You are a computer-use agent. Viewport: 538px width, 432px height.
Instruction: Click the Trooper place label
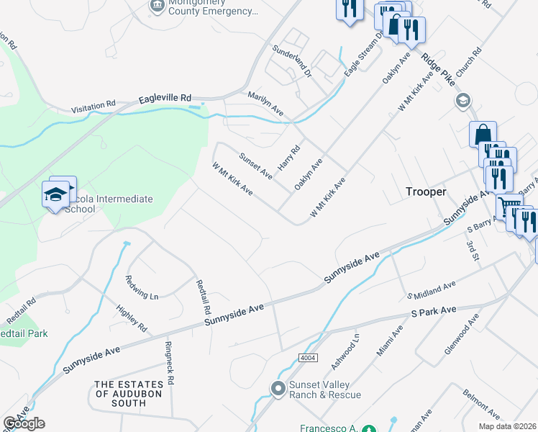[x=426, y=192]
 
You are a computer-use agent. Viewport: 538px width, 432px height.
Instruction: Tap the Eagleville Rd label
[x=165, y=97]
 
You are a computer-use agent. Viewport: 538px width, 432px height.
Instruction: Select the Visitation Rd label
[x=94, y=107]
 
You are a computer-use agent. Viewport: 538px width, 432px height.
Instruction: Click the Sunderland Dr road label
[x=291, y=60]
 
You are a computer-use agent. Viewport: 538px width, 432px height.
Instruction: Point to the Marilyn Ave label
[x=265, y=104]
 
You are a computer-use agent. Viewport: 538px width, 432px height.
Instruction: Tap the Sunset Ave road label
[x=255, y=165]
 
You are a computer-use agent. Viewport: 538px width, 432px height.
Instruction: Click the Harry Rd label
[x=288, y=158]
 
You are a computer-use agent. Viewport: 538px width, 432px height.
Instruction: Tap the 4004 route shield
[x=309, y=358]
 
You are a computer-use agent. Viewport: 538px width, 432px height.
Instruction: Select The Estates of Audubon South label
[x=129, y=394]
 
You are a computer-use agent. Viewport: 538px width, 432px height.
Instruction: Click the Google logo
[x=24, y=423]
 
